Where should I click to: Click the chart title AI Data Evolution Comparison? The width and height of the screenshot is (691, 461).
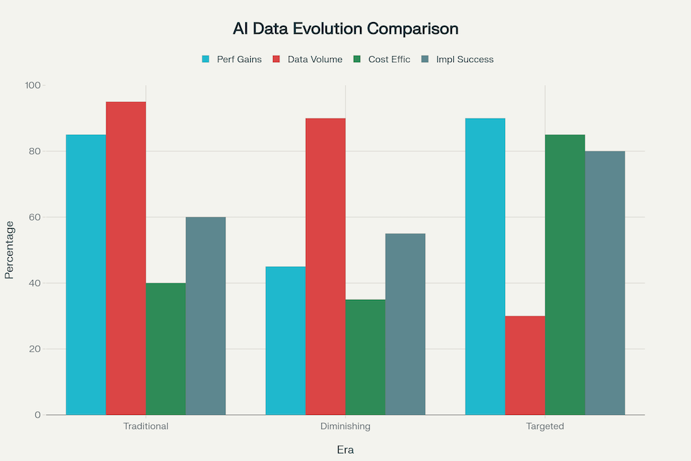pyautogui.click(x=345, y=29)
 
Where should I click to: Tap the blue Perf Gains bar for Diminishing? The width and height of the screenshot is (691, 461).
pyautogui.click(x=285, y=340)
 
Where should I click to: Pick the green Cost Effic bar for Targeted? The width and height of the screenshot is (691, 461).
pyautogui.click(x=565, y=274)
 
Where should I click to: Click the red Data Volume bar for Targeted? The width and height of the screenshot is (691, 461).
pyautogui.click(x=525, y=365)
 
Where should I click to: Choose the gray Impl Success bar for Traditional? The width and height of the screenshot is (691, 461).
pyautogui.click(x=205, y=316)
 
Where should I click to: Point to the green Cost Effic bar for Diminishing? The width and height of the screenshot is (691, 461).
pyautogui.click(x=366, y=357)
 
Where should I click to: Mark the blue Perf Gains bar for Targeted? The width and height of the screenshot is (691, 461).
pyautogui.click(x=485, y=266)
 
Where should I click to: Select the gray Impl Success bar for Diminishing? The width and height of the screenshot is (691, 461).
pyautogui.click(x=405, y=324)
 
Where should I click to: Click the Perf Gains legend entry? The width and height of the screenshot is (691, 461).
pyautogui.click(x=232, y=59)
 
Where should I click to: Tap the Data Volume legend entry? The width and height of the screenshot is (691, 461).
pyautogui.click(x=309, y=59)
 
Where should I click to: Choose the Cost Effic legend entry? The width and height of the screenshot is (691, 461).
pyautogui.click(x=382, y=59)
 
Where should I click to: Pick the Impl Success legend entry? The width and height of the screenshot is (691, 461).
pyautogui.click(x=458, y=59)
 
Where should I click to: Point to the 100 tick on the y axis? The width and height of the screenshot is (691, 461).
pyautogui.click(x=34, y=85)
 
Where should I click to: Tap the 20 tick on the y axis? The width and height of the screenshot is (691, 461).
pyautogui.click(x=36, y=349)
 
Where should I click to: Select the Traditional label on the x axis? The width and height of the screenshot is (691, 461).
pyautogui.click(x=146, y=426)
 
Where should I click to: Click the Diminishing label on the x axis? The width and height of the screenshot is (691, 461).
pyautogui.click(x=345, y=426)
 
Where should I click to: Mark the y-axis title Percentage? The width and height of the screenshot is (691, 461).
pyautogui.click(x=9, y=250)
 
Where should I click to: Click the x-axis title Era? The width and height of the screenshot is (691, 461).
pyautogui.click(x=345, y=449)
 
